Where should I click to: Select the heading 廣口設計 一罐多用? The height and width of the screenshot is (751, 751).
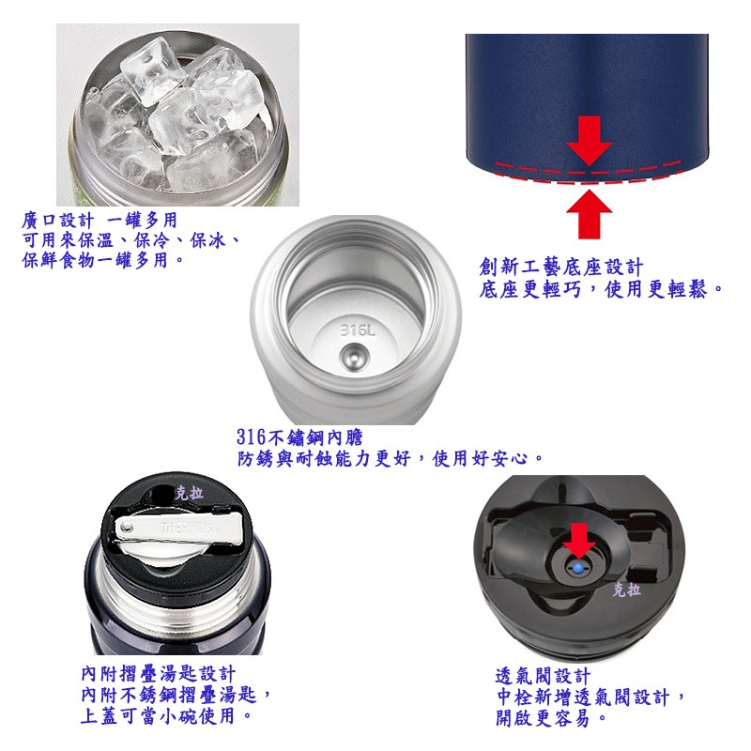99,221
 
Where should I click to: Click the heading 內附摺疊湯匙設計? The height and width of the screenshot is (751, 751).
158,674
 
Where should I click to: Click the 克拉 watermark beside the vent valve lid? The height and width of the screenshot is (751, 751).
626,590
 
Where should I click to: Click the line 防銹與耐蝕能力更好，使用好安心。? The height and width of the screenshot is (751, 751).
391,458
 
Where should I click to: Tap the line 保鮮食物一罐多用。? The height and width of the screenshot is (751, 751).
103,260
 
